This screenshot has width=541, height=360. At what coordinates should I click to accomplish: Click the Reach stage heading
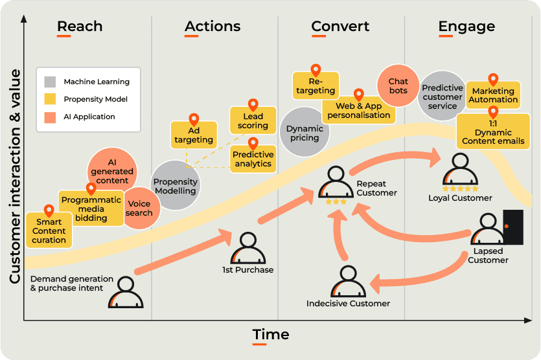pos(80,27)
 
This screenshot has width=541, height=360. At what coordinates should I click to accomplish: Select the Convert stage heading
pos(340,27)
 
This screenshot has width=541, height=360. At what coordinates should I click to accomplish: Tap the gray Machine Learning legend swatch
pos(50,82)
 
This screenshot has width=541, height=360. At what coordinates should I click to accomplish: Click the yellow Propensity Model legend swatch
pos(50,100)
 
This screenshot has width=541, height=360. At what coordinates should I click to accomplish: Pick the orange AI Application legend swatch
pos(50,117)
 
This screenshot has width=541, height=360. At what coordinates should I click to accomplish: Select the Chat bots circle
pos(397,86)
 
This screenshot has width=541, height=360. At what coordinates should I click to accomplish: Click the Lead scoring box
pos(253,121)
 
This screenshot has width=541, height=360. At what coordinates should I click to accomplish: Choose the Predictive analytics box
pos(253,159)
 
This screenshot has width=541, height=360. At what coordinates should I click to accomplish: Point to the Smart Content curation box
pos(49,231)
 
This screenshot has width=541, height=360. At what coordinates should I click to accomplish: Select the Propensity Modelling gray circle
pos(175,186)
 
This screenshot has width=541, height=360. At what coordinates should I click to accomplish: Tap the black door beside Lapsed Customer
pos(512,227)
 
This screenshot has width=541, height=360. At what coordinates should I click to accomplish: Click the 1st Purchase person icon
pos(247,249)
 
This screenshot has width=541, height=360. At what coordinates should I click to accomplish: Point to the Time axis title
pos(271,335)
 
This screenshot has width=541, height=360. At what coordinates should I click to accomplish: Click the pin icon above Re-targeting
pos(316,70)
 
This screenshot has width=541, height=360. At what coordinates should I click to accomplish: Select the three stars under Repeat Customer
pos(336,202)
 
